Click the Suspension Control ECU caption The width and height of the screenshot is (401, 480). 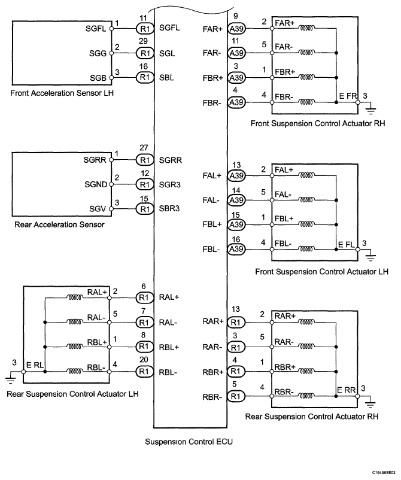pyautogui.click(x=189, y=442)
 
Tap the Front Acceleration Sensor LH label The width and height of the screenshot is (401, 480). pyautogui.click(x=62, y=93)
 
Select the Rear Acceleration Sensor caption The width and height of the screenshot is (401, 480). pyautogui.click(x=59, y=224)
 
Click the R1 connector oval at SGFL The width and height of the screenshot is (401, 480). pyautogui.click(x=145, y=29)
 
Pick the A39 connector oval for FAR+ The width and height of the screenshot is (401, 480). pyautogui.click(x=236, y=29)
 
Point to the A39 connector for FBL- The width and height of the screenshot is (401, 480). pyautogui.click(x=236, y=249)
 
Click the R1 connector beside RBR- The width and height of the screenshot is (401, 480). pyautogui.click(x=236, y=396)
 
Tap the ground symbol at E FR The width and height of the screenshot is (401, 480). pyautogui.click(x=370, y=110)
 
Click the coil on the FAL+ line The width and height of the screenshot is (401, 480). pyautogui.click(x=306, y=176)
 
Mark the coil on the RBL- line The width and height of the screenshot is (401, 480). pyautogui.click(x=74, y=371)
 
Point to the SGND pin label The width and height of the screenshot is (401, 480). pyautogui.click(x=96, y=184)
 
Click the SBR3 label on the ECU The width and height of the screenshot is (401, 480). pyautogui.click(x=169, y=209)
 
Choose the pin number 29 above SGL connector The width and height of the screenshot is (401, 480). pyautogui.click(x=143, y=41)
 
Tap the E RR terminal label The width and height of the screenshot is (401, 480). pyautogui.click(x=346, y=390)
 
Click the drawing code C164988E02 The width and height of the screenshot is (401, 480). pyautogui.click(x=384, y=473)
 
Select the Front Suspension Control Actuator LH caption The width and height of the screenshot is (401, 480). pyautogui.click(x=322, y=272)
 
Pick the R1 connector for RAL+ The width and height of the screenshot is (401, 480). pyautogui.click(x=144, y=297)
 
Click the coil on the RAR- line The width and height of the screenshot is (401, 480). pyautogui.click(x=306, y=347)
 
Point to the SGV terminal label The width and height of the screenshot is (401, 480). pyautogui.click(x=98, y=209)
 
